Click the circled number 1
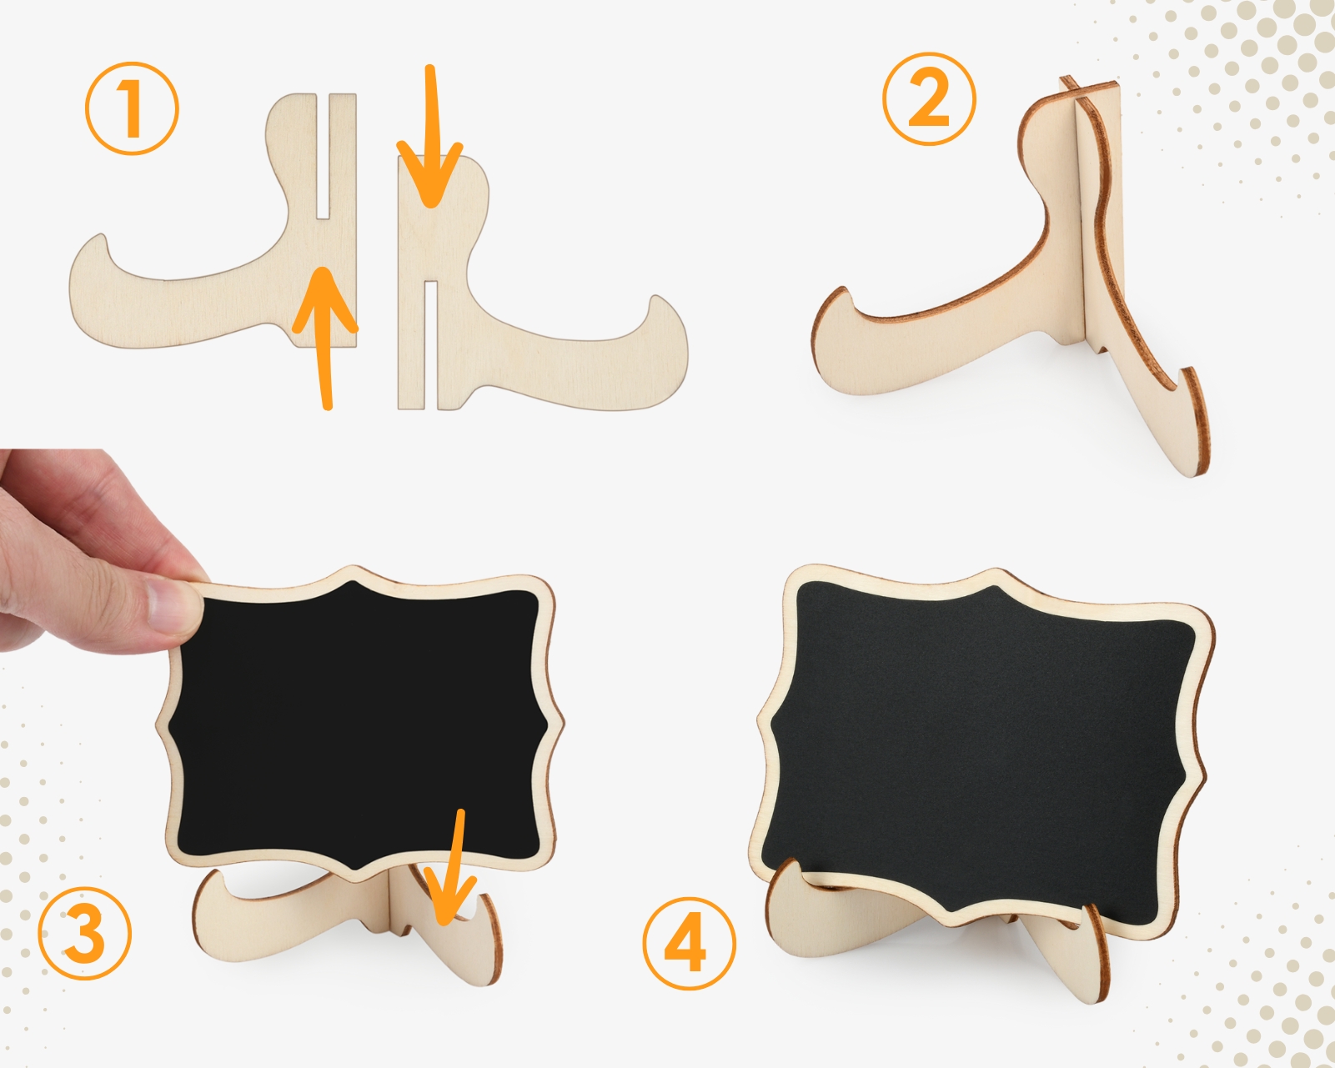[132, 108]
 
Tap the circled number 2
[929, 99]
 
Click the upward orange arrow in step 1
[324, 338]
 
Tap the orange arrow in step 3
[453, 868]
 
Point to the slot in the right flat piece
[431, 345]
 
